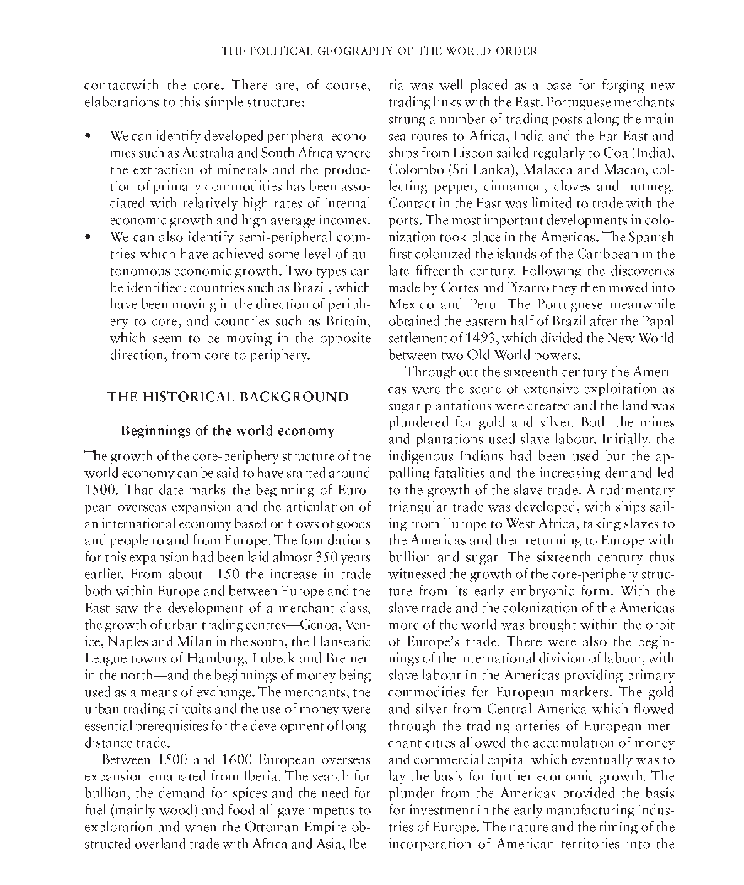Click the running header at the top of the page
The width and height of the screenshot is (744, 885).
tap(379, 51)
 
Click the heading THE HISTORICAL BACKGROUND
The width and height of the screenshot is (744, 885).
tap(228, 396)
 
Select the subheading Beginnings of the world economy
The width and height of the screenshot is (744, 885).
tap(228, 431)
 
